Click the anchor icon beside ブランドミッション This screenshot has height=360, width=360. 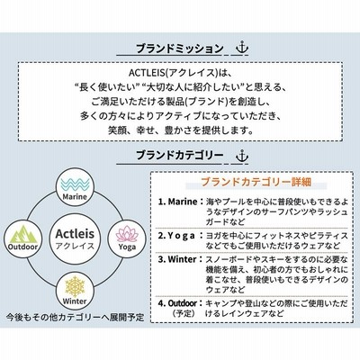pyautogui.click(x=242, y=48)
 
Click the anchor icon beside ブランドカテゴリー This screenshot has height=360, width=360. pyautogui.click(x=242, y=156)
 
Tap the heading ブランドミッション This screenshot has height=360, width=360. pyautogui.click(x=180, y=49)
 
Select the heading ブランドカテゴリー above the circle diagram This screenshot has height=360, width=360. pyautogui.click(x=180, y=156)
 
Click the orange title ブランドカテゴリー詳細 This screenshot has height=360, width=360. pyautogui.click(x=256, y=182)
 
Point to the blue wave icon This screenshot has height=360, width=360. pyautogui.click(x=75, y=184)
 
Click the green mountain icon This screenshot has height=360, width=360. pyautogui.click(x=23, y=235)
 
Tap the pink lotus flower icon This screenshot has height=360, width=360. pyautogui.click(x=127, y=234)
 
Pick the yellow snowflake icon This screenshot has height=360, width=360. pyautogui.click(x=75, y=285)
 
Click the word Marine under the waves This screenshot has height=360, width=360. pyautogui.click(x=75, y=197)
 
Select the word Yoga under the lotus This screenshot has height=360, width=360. pyautogui.click(x=127, y=247)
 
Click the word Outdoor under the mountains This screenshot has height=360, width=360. pyautogui.click(x=23, y=247)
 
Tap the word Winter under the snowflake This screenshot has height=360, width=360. pyautogui.click(x=75, y=301)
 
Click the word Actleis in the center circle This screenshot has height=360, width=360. pyautogui.click(x=75, y=234)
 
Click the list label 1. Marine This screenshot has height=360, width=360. pyautogui.click(x=178, y=202)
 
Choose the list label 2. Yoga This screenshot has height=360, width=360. pyautogui.click(x=176, y=236)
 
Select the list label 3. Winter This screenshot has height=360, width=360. pyautogui.click(x=178, y=259)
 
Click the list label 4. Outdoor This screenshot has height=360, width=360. pyautogui.click(x=178, y=303)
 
